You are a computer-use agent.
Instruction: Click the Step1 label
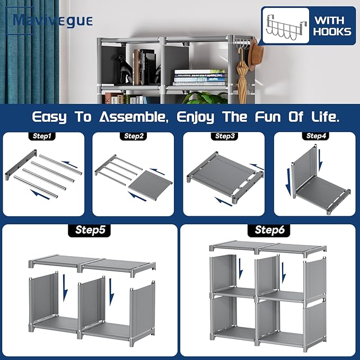pos(42,136)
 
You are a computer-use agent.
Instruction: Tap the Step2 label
pos(134,136)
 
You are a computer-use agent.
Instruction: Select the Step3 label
pos(225,136)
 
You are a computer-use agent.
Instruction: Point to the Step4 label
pos(315,136)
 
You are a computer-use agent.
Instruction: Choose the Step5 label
pos(89,230)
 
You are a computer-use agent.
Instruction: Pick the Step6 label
pos(269,230)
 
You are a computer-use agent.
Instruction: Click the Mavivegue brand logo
pos(49,21)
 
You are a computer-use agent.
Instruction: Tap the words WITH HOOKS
pos(332,26)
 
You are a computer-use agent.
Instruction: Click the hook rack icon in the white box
pos(286,27)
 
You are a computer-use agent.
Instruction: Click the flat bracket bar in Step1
pos(21,165)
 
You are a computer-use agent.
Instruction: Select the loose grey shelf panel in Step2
pos(151,183)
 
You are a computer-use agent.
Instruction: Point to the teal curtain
pos(29,52)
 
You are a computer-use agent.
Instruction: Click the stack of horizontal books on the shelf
pos(199,77)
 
